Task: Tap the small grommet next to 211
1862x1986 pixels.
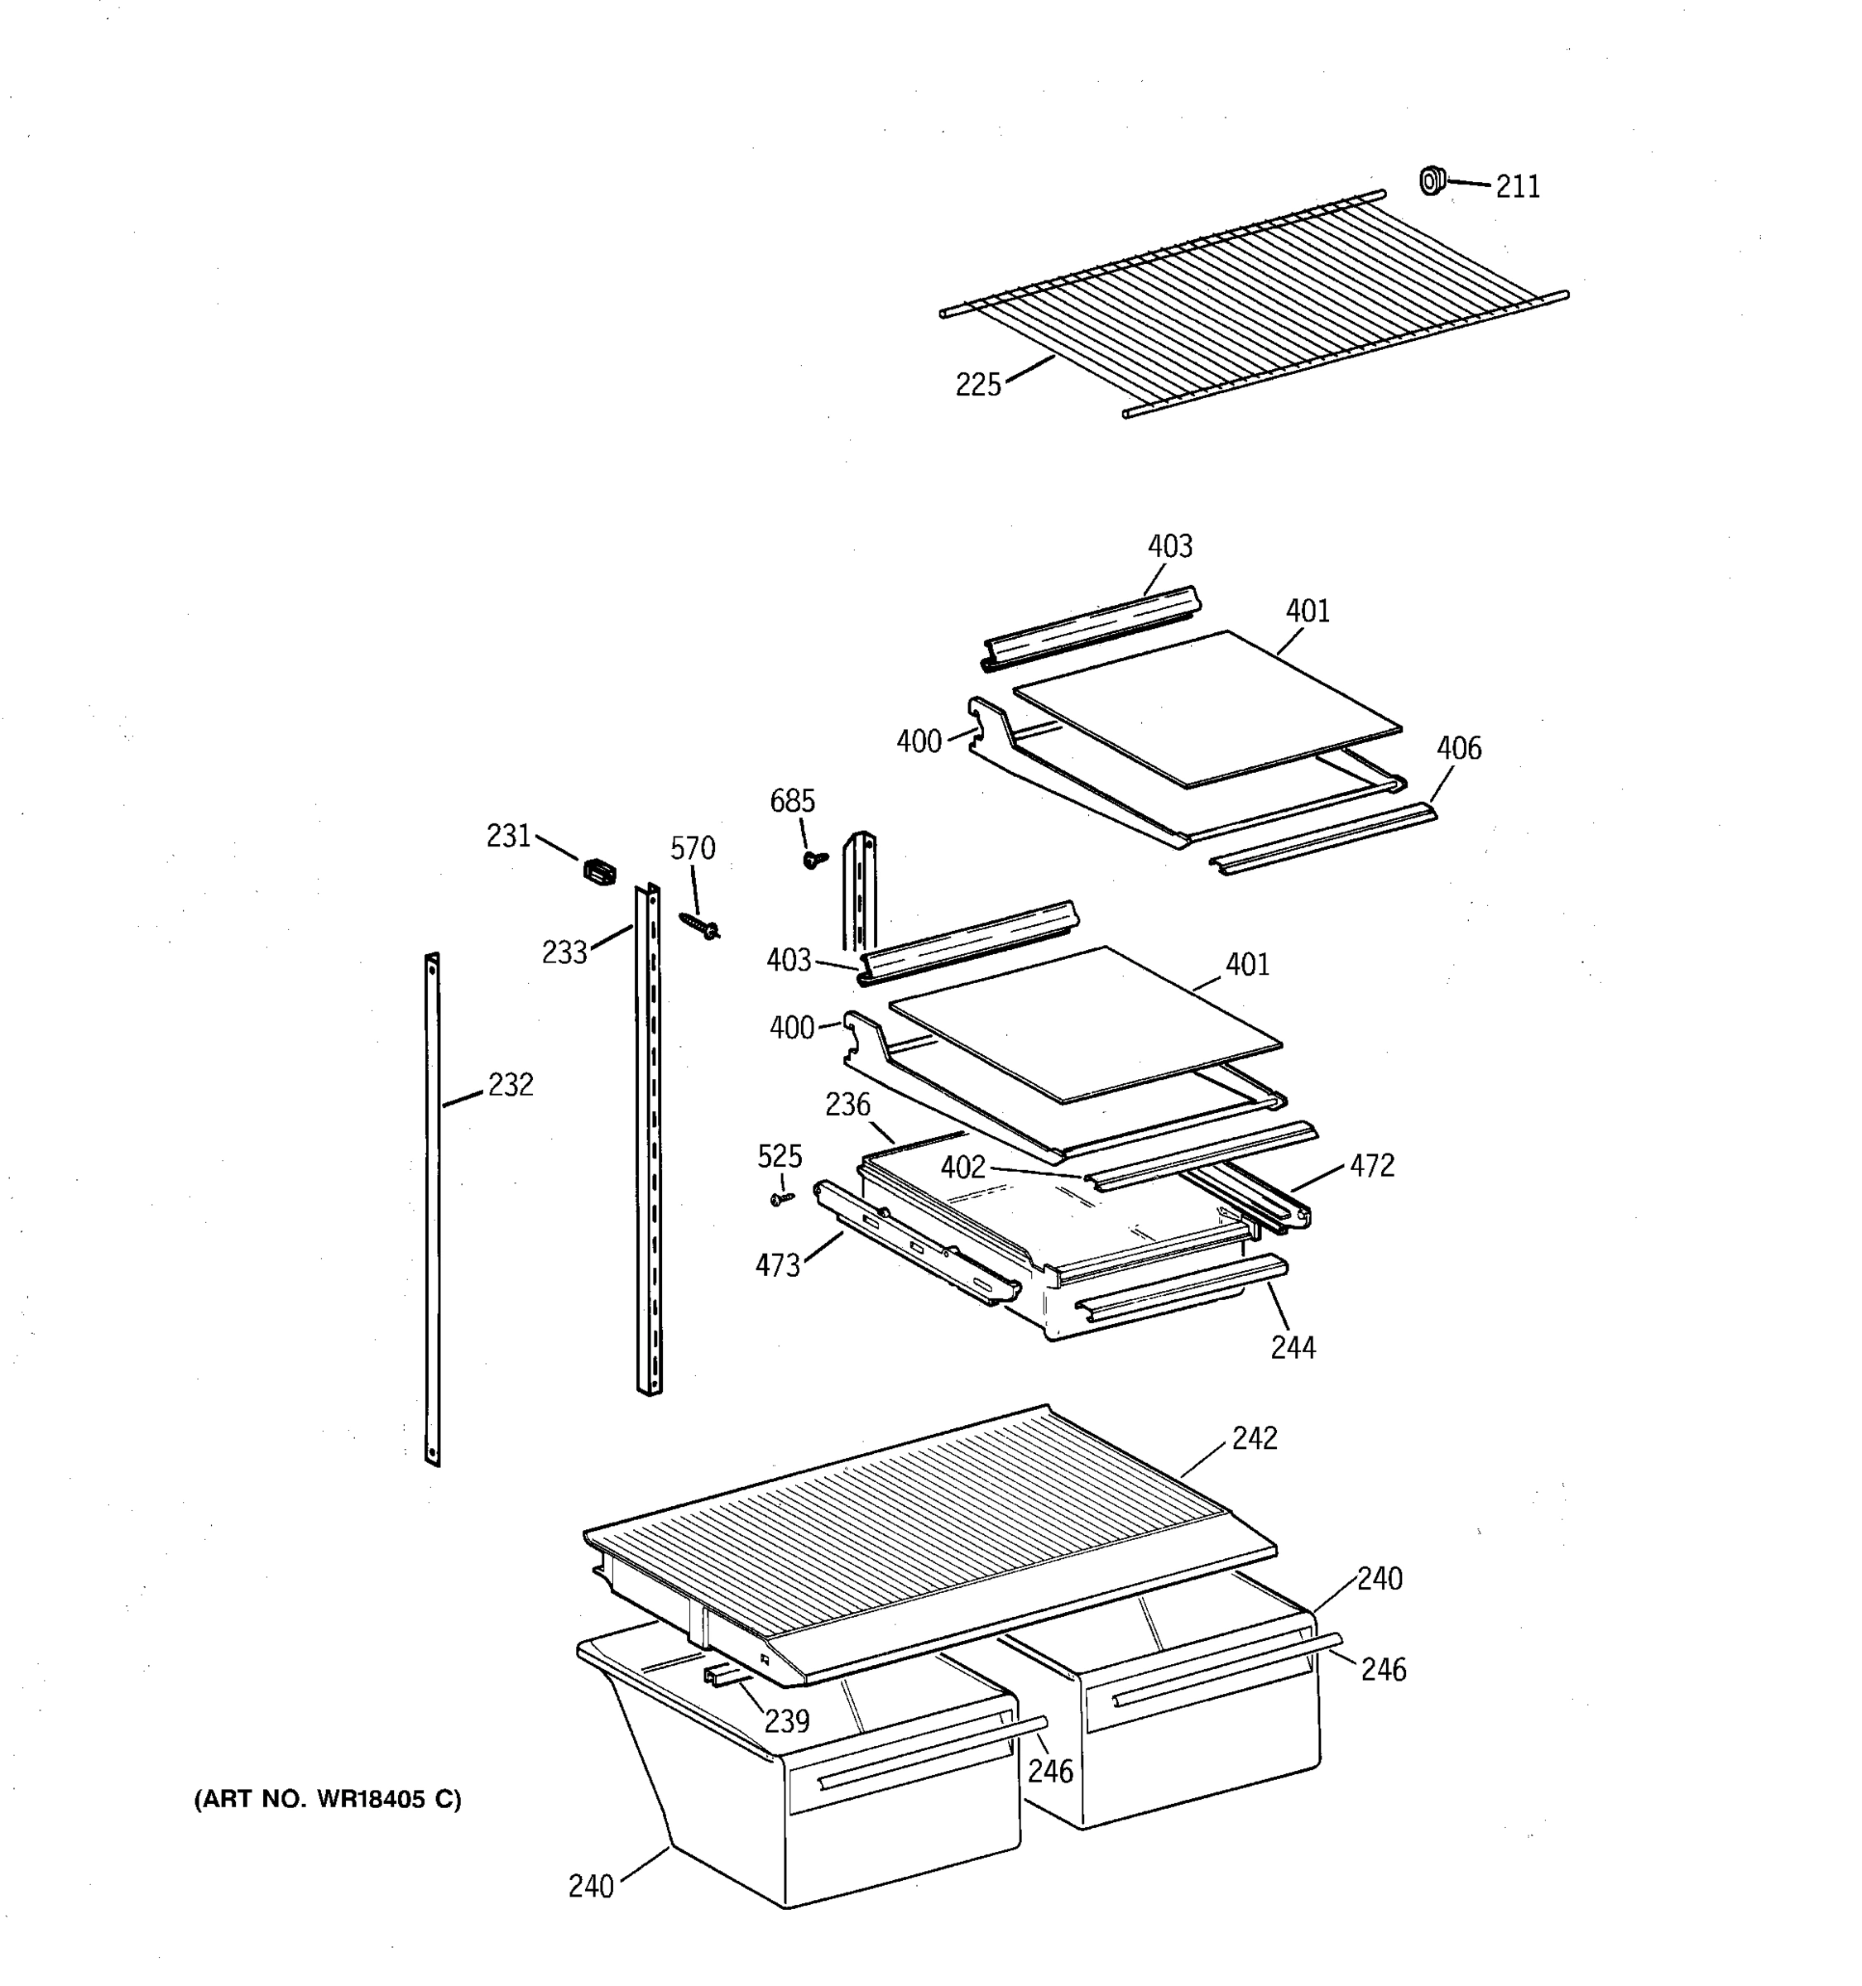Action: (1432, 181)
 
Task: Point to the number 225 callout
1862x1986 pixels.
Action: (978, 385)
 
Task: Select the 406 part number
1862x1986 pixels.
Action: (1458, 747)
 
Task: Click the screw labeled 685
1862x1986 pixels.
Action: (814, 858)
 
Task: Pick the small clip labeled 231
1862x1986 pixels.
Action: (599, 871)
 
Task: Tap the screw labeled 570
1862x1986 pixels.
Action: (700, 925)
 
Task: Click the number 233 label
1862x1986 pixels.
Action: (564, 953)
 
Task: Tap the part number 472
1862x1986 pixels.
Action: (1371, 1165)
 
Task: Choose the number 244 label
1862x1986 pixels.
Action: (1293, 1348)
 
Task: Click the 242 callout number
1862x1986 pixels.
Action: (1254, 1437)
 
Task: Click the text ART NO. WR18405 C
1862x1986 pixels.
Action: (328, 1800)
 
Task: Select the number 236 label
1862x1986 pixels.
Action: (847, 1104)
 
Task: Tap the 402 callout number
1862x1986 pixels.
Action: (963, 1167)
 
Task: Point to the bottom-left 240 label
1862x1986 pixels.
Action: (590, 1886)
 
